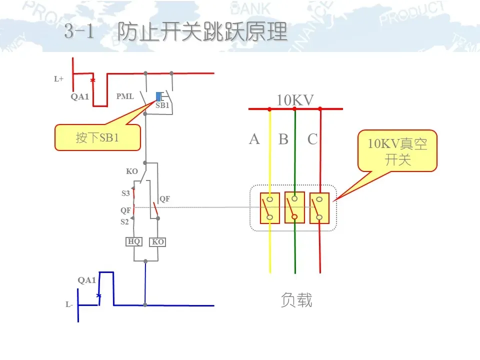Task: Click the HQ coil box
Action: coord(134,242)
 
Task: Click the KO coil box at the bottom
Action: coord(158,242)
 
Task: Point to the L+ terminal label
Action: coord(59,79)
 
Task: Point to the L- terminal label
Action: coord(69,304)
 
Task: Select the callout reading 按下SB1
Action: coord(97,137)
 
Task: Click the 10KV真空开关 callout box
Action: coord(397,151)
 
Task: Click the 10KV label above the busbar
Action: coord(295,100)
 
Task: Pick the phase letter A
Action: coord(254,139)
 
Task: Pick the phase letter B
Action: coord(283,139)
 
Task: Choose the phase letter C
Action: coord(312,139)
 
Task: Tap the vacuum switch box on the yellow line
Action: coord(269,208)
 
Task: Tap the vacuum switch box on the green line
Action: coord(294,207)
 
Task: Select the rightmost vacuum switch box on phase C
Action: coord(319,208)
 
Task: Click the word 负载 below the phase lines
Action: coord(296,300)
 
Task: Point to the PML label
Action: coord(125,96)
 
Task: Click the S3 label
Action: coord(125,193)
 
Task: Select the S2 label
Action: coord(124,222)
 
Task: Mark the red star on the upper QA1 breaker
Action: coord(92,80)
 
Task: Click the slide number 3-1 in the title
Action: coord(79,32)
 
